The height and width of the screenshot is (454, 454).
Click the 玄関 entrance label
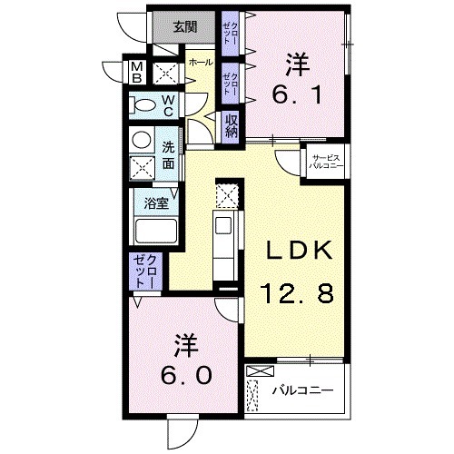(x=186, y=26)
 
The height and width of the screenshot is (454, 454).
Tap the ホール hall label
(x=201, y=63)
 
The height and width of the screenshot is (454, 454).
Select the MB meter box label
(x=135, y=72)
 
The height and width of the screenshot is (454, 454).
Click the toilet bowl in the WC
(x=143, y=106)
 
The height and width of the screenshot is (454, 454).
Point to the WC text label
(x=169, y=105)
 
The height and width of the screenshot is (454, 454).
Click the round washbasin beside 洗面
(x=141, y=140)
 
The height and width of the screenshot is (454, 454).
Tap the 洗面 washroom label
(x=169, y=155)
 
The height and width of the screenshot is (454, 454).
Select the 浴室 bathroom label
(x=156, y=203)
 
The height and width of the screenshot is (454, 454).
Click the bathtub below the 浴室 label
(x=156, y=232)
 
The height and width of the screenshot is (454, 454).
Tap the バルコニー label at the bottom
(x=303, y=390)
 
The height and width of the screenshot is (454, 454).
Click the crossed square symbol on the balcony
(x=259, y=372)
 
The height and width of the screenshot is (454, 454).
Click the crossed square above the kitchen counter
(x=227, y=194)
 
